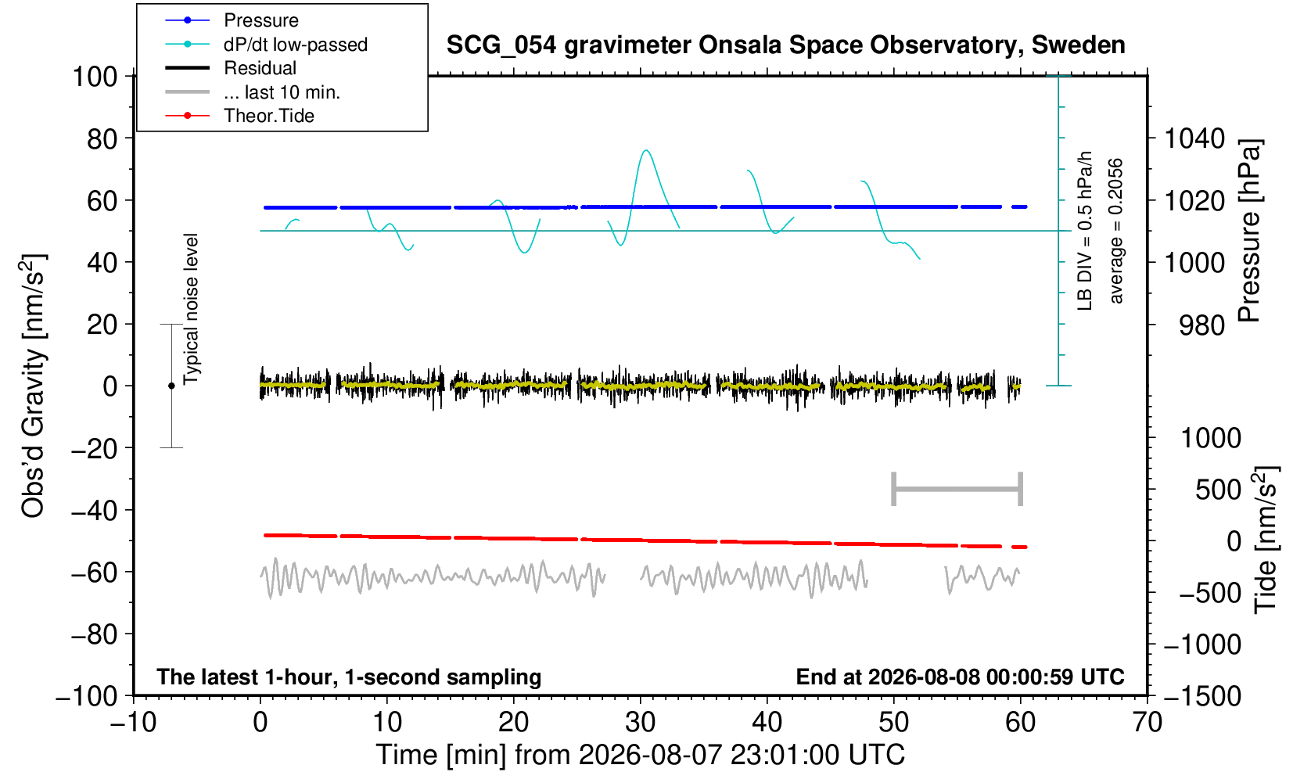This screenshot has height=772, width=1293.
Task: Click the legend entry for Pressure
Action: (x=261, y=20)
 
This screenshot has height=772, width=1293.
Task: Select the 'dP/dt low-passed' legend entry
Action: (x=296, y=45)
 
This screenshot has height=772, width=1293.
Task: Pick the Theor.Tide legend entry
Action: (x=269, y=116)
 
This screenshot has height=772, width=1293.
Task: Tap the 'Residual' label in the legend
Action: (x=260, y=68)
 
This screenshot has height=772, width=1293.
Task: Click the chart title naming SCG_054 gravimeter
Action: (x=785, y=45)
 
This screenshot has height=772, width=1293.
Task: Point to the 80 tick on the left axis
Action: (x=102, y=138)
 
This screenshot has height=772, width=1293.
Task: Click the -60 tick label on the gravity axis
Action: (x=94, y=573)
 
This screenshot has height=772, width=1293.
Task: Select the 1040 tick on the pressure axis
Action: (x=1194, y=138)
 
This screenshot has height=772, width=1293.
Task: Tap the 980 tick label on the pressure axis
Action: (x=1201, y=325)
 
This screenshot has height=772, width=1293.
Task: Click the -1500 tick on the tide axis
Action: (x=1202, y=696)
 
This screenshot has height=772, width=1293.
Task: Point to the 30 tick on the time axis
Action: (x=640, y=723)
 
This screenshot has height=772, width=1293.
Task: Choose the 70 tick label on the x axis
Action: (x=1147, y=723)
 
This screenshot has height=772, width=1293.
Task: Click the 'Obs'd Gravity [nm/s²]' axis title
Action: (x=33, y=385)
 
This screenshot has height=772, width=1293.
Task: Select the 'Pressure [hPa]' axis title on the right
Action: (x=1250, y=231)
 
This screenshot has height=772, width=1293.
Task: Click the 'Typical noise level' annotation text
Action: (x=191, y=309)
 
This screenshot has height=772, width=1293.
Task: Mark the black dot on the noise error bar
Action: (x=171, y=386)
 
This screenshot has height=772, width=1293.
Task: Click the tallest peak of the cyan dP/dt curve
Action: (x=646, y=150)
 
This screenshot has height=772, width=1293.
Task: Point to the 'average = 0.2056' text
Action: (x=1115, y=231)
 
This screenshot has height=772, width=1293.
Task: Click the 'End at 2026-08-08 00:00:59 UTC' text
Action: (x=960, y=677)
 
